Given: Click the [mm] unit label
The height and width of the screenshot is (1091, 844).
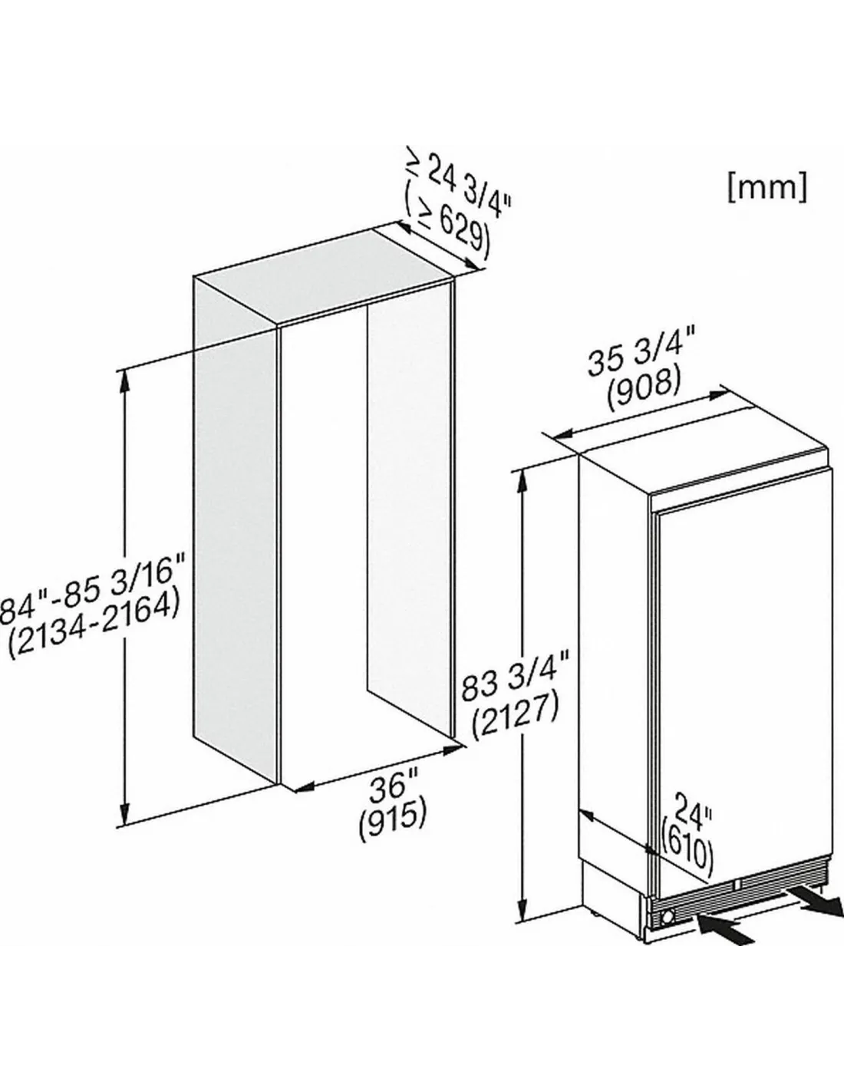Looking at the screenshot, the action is click(767, 187).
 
